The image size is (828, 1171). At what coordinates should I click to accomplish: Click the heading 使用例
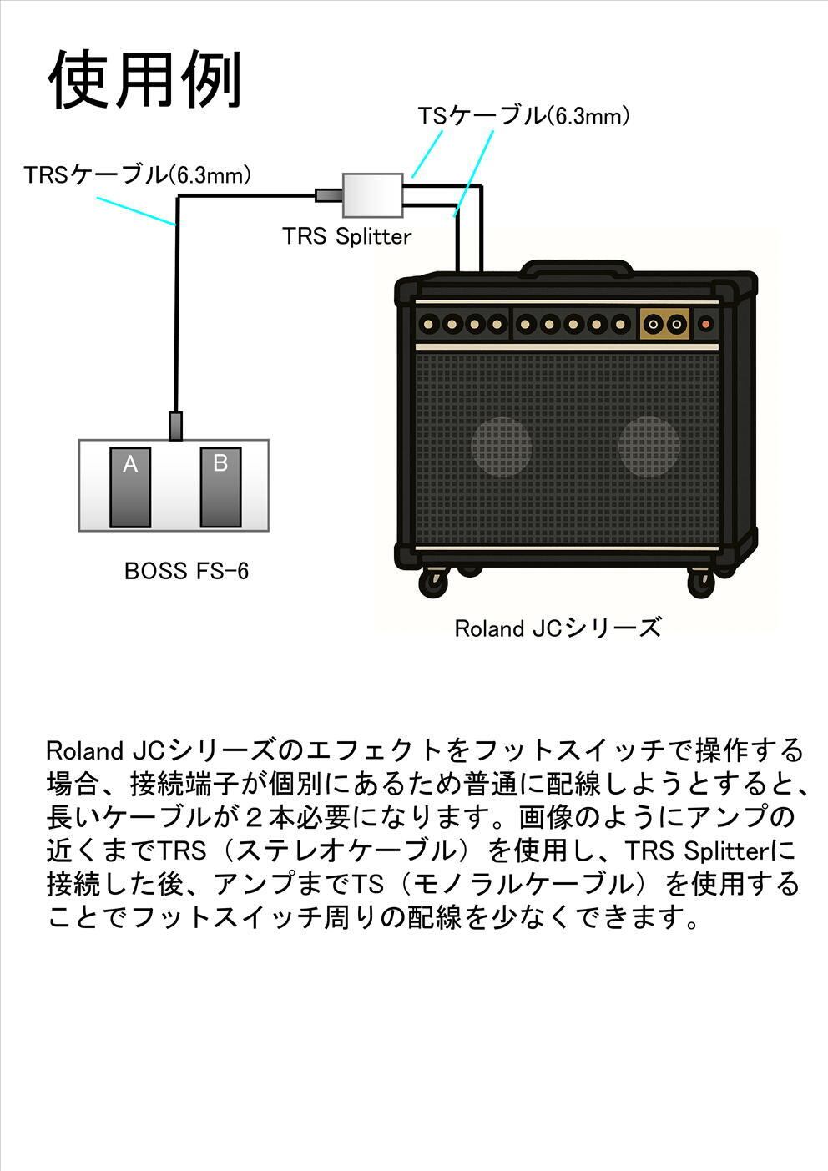coord(144,79)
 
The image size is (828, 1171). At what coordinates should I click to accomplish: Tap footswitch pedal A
coord(130,487)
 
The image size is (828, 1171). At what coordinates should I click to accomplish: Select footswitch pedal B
coord(220,487)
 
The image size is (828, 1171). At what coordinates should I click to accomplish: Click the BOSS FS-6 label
coord(186,571)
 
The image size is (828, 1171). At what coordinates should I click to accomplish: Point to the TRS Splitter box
coord(373,195)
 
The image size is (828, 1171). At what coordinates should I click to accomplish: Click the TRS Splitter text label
coord(347,236)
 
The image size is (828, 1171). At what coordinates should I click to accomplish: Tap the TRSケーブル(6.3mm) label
coord(137,175)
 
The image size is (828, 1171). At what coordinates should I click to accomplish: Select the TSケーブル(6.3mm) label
coord(523,115)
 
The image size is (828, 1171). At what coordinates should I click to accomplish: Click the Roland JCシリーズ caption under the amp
coord(558,628)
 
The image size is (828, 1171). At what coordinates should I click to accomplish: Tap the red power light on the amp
coord(705,324)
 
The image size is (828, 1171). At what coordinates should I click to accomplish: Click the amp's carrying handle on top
coord(577,268)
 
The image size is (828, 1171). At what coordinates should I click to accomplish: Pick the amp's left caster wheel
coord(434,581)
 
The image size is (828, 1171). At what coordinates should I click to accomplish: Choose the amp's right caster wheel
coord(700,582)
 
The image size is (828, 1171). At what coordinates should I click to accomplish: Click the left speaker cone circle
coord(502,447)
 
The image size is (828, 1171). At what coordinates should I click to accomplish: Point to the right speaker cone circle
coord(649,447)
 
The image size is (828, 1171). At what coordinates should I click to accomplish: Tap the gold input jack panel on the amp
coord(664,324)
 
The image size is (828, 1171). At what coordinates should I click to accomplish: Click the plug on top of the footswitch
coord(175,426)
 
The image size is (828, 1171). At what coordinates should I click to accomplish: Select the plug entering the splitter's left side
coord(329,195)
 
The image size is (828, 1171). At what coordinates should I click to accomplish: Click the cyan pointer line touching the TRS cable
coord(136,212)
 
